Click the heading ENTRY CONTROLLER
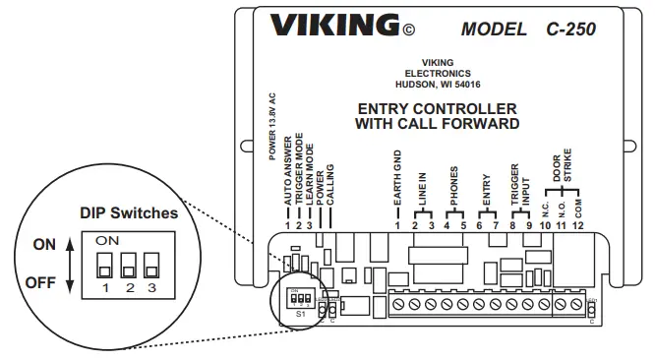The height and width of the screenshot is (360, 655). [437, 108]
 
